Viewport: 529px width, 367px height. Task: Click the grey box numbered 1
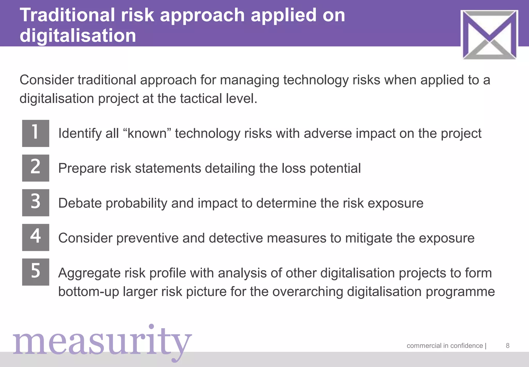tap(36, 133)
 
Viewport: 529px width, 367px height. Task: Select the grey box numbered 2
tap(36, 168)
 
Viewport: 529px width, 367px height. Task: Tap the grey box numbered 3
tap(36, 203)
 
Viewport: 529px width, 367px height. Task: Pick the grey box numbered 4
tap(36, 237)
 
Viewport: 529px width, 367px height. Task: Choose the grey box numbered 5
tap(36, 272)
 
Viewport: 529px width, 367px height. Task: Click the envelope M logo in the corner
tap(489, 35)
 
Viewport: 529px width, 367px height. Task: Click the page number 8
tap(508, 346)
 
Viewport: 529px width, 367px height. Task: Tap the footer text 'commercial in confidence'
tap(445, 346)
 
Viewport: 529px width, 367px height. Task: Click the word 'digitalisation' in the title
tap(78, 35)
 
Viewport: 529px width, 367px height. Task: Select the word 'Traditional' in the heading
tap(67, 15)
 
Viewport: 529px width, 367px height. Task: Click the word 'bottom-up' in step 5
tap(89, 292)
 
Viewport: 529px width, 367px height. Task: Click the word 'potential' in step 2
tap(335, 168)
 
